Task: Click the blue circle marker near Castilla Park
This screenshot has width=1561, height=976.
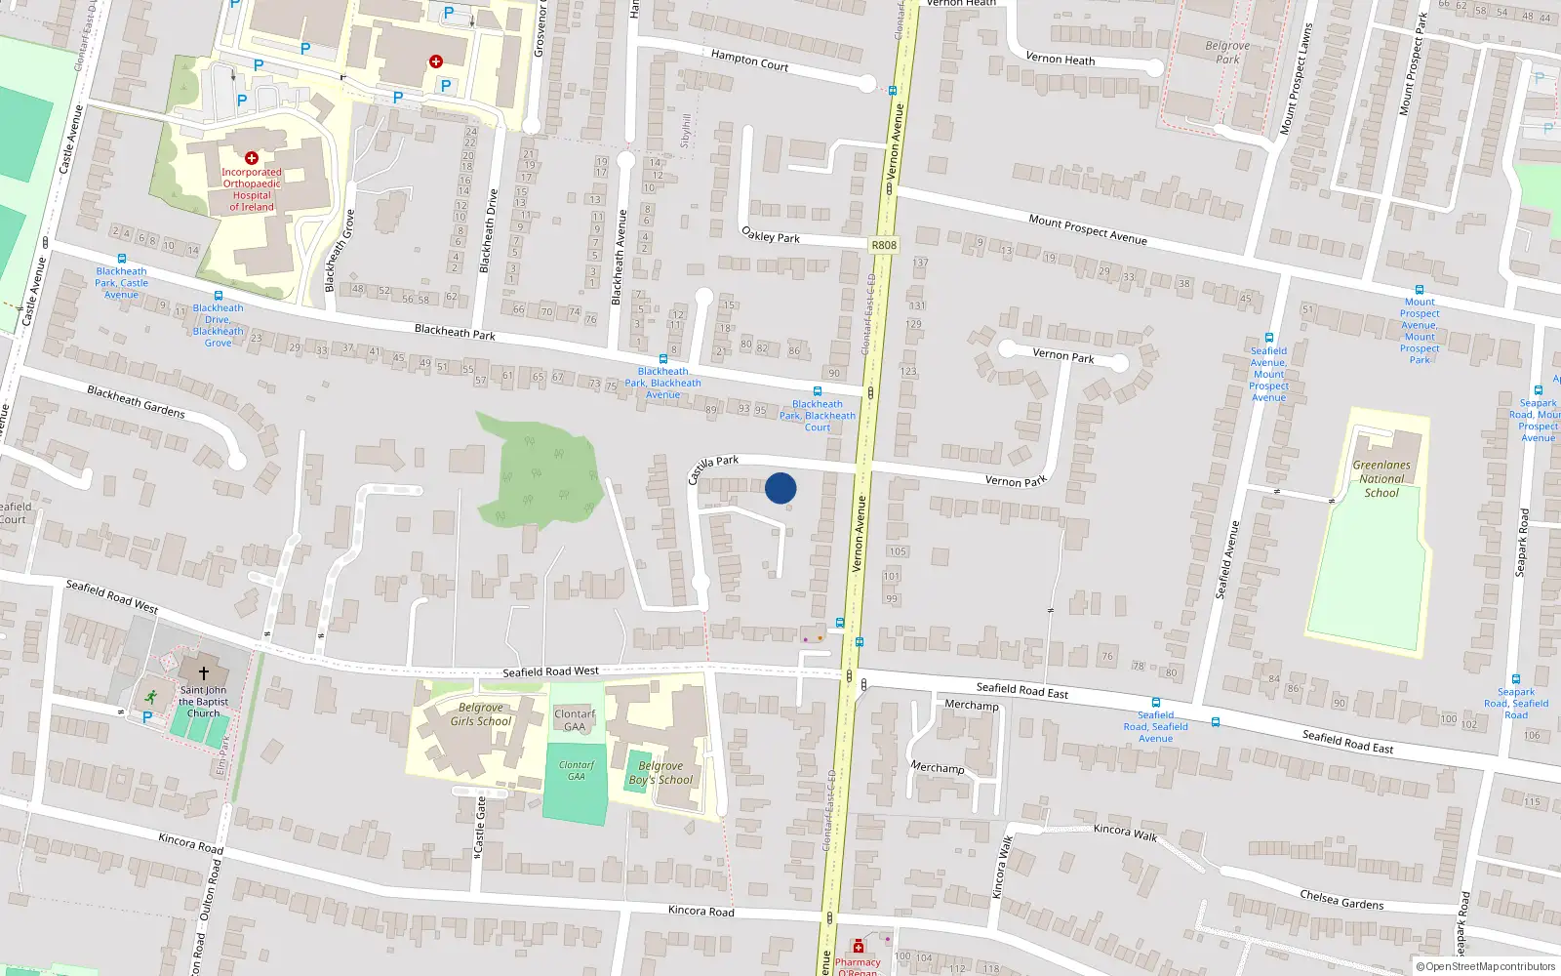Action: pos(780,488)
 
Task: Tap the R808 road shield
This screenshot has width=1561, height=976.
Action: pos(883,245)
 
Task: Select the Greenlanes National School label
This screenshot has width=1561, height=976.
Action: pos(1381,479)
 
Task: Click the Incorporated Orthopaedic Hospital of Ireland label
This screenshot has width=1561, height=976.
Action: pos(251,189)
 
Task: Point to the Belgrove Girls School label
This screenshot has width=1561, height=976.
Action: pos(480,714)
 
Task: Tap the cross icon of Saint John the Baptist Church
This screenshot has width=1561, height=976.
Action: pos(204,673)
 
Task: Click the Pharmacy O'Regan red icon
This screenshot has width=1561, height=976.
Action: pos(858,946)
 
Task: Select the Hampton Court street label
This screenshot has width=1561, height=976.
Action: pos(749,61)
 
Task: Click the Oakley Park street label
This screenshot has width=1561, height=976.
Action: pos(771,235)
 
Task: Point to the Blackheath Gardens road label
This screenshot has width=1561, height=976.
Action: pos(136,401)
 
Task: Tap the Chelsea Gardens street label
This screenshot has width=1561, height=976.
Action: pos(1341,900)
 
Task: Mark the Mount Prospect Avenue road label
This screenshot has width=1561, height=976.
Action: pos(1088,229)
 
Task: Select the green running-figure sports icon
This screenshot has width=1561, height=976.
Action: pos(150,697)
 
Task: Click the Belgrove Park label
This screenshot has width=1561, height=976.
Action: pos(1227,53)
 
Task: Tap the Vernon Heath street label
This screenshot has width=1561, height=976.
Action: pos(1060,59)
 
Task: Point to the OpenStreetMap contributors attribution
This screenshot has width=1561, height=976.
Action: pos(1486,967)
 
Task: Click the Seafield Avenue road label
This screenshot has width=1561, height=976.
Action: pos(1226,559)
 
